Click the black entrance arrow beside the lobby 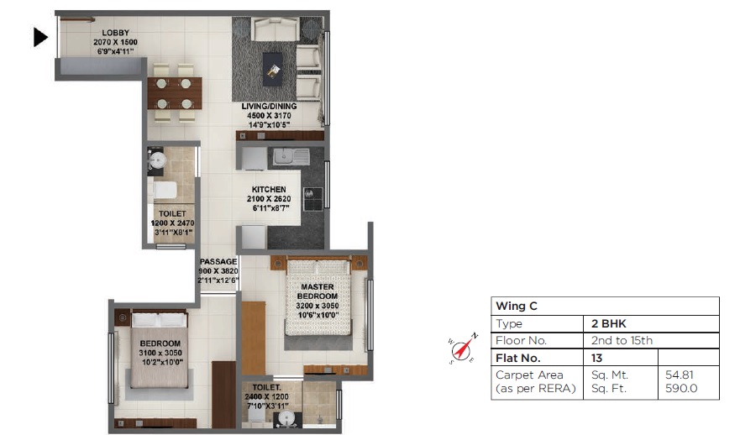(40, 37)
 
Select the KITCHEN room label (269, 190)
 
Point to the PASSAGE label (218, 261)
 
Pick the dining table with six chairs (175, 88)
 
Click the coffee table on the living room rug (272, 67)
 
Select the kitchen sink (289, 156)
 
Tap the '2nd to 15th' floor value (622, 340)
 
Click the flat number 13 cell (597, 358)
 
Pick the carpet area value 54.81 (679, 375)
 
